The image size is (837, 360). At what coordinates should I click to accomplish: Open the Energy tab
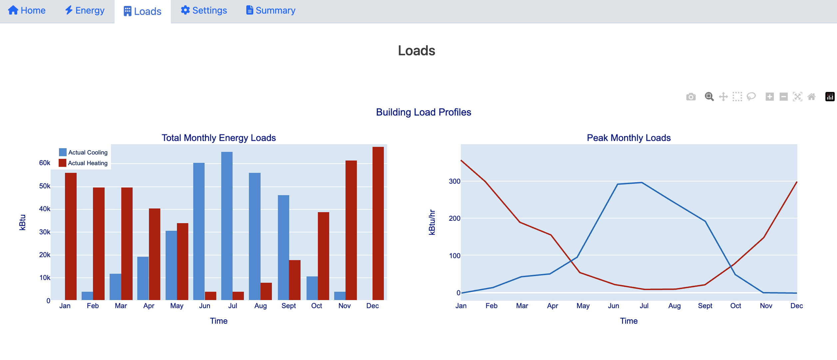85,11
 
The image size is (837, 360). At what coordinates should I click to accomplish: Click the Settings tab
204,11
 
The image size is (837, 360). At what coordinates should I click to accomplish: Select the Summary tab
271,11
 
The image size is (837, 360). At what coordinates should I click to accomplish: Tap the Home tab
27,11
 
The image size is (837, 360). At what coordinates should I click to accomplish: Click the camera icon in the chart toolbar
691,97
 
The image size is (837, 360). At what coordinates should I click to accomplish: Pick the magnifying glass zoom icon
709,97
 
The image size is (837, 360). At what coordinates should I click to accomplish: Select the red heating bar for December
378,223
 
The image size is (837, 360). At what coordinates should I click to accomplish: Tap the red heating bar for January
71,236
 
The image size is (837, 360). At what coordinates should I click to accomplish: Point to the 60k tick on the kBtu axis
45,163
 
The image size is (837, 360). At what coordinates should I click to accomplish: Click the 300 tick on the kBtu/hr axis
454,181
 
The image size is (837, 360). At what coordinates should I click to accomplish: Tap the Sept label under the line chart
705,306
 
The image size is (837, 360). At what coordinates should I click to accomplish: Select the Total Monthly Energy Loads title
219,138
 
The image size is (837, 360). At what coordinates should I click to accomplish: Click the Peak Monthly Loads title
628,138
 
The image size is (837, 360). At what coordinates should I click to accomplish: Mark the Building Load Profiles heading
423,112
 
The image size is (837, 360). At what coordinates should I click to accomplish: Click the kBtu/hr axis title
432,222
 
